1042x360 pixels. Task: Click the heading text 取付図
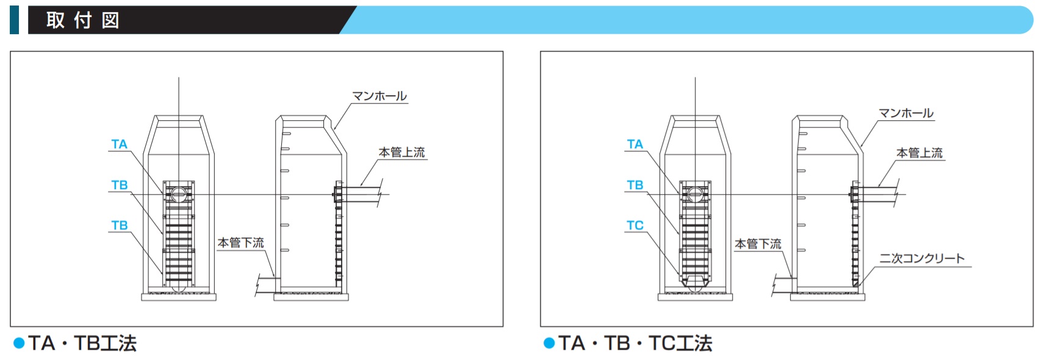coord(83,21)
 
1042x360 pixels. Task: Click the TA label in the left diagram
coord(119,144)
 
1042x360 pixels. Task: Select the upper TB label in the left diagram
coord(120,185)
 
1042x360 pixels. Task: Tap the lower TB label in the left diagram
coord(120,226)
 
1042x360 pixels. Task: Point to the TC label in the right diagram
coord(635,226)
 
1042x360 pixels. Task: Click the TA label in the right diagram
coord(635,144)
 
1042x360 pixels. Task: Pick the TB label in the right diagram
coord(635,185)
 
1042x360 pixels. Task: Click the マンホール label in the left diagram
coord(379,96)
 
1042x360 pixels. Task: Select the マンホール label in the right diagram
coord(906,113)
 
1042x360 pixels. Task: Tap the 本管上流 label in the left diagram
coord(402,153)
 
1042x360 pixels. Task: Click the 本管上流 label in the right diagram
coord(919,153)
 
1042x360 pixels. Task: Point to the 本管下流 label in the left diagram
coord(241,243)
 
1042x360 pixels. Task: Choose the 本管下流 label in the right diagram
coord(758,244)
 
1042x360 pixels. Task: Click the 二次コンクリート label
coord(922,259)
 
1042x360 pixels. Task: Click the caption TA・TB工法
coord(82,344)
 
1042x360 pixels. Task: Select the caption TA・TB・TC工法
coord(635,344)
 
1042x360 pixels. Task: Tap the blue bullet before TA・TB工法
coord(19,344)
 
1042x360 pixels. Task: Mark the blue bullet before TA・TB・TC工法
coord(549,344)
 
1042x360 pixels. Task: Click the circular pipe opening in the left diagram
coord(179,195)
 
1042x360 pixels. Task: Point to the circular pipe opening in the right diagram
coord(695,195)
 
